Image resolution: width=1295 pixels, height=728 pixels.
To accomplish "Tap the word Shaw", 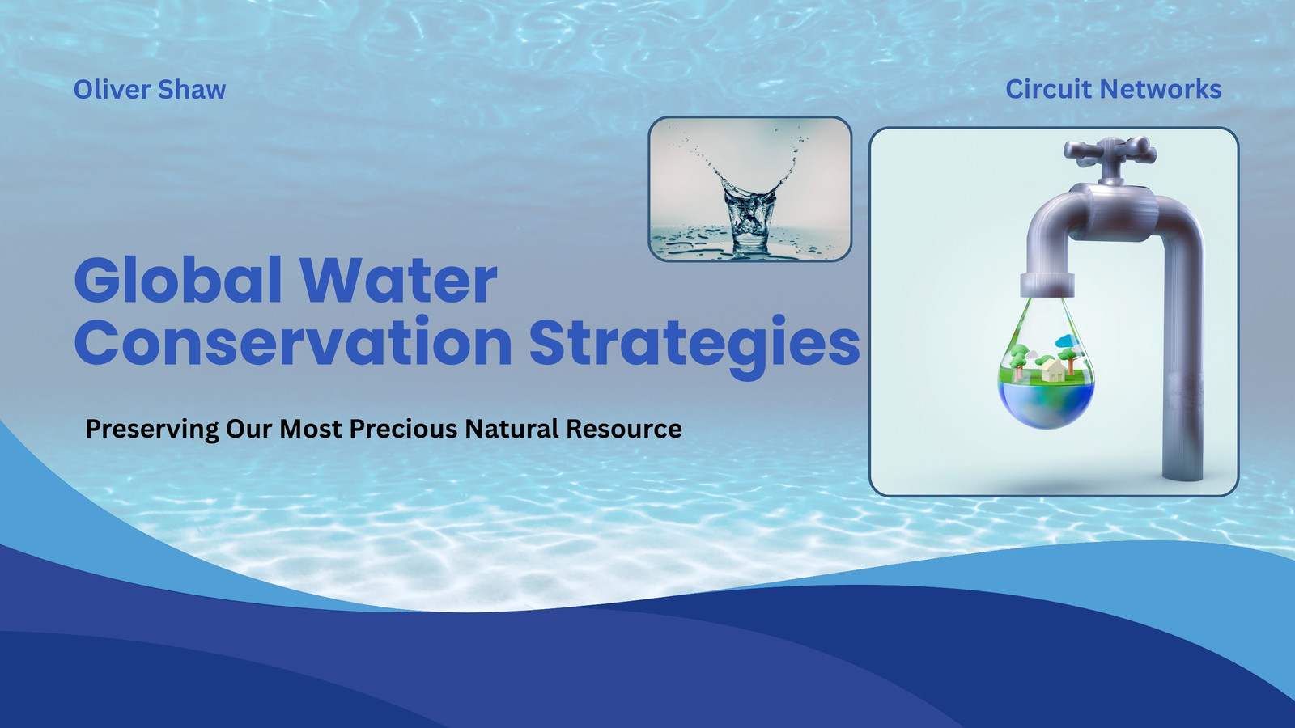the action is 192,90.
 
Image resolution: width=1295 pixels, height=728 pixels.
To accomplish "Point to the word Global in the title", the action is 178,280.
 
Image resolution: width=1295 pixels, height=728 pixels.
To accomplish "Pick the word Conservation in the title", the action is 293,342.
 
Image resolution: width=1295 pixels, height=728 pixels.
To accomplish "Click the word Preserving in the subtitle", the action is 152,430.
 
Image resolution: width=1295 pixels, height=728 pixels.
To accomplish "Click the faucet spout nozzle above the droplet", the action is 1047,284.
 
